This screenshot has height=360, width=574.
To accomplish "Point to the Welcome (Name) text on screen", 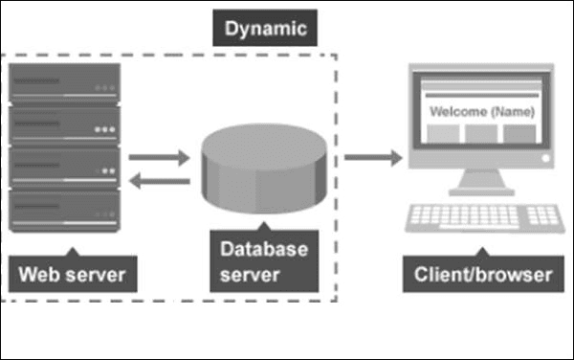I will (x=480, y=112).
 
